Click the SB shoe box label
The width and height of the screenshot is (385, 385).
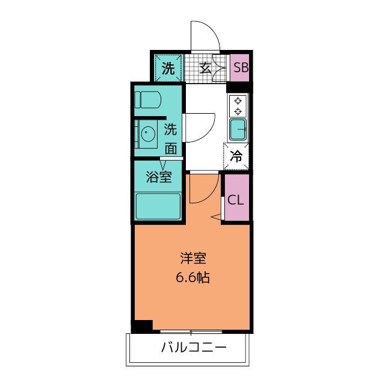click(241, 67)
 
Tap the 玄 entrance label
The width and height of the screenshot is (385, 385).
click(205, 67)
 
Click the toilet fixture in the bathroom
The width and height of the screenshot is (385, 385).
click(147, 99)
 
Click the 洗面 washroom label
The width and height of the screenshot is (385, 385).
click(171, 138)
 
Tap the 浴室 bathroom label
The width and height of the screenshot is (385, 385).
click(159, 177)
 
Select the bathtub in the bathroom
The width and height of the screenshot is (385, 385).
click(158, 206)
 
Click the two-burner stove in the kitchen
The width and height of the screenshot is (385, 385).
click(238, 106)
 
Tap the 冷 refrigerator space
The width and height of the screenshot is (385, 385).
click(237, 157)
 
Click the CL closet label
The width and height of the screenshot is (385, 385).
click(236, 199)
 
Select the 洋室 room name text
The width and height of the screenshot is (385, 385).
click(193, 259)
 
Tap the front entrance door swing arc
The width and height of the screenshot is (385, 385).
click(205, 37)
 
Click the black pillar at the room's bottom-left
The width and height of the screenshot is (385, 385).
click(142, 327)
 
